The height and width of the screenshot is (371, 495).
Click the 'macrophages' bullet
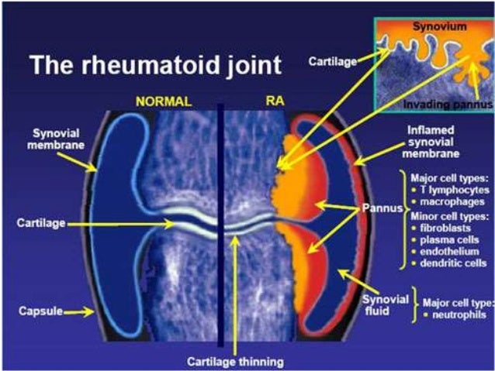point(449,201)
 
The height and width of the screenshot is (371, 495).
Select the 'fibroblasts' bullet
point(448,227)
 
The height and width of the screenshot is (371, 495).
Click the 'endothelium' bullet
point(452,252)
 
